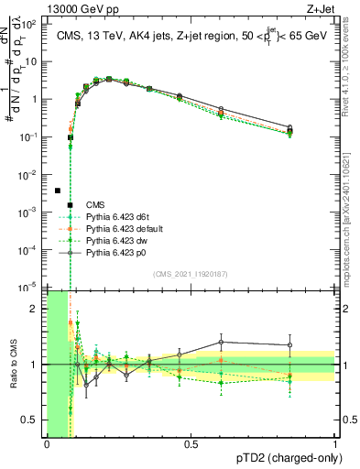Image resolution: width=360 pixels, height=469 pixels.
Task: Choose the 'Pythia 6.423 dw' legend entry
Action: tap(115, 241)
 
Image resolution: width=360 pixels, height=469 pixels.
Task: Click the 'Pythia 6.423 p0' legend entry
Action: tap(115, 253)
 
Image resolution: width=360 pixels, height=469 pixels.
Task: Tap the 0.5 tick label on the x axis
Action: tap(191, 444)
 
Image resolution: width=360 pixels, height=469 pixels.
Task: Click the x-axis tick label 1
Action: tap(335, 444)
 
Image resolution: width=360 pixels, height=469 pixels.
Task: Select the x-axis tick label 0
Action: tap(47, 444)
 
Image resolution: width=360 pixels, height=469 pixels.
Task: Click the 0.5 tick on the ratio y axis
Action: tap(32, 420)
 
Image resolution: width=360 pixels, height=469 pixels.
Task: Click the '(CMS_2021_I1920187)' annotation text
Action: tap(190, 274)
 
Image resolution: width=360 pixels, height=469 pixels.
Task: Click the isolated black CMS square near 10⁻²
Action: tap(58, 191)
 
